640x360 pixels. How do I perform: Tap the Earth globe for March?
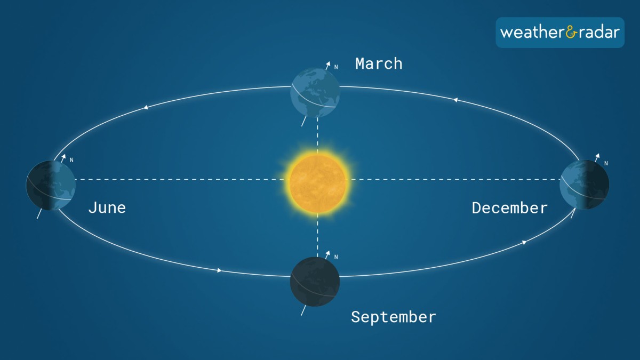tap(315, 93)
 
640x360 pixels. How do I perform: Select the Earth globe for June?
tap(51, 185)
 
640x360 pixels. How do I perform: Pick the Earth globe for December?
tap(585, 185)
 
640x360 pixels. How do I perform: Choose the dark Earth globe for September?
tap(315, 282)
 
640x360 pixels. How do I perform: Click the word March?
tap(379, 63)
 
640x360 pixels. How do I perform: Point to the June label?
tap(107, 207)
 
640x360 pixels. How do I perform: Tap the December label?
tap(510, 208)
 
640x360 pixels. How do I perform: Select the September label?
tap(394, 317)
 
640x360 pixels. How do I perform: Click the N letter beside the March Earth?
tap(336, 67)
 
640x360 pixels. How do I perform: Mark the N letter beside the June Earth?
tap(71, 160)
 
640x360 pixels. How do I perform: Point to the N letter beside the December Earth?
tap(606, 163)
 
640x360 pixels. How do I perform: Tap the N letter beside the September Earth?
tap(336, 257)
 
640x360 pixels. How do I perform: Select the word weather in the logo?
tap(532, 33)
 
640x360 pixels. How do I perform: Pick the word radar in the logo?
tap(599, 33)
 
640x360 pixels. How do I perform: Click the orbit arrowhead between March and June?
tap(146, 107)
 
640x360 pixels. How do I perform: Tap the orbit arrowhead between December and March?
tap(455, 100)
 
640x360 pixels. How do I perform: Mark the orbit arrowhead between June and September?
tap(219, 270)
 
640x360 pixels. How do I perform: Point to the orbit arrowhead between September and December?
tap(524, 243)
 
